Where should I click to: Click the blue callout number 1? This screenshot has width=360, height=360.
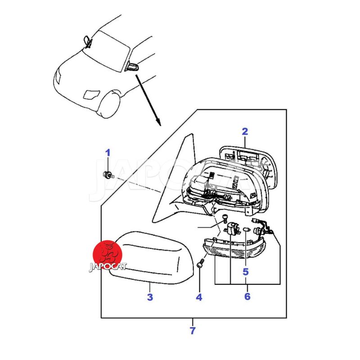coord(108,153)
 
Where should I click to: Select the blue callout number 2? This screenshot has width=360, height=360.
coord(245,131)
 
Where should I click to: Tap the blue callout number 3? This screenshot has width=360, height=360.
coord(150,297)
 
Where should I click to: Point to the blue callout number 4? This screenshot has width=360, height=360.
coord(199,297)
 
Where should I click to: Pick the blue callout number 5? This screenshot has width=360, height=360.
coord(246,272)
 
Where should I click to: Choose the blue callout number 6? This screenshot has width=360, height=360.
coord(247,296)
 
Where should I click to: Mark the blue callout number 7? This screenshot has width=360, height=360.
coord(193,331)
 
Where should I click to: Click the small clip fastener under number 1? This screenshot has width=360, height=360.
coord(108,175)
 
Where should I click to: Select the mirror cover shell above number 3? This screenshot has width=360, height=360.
coord(152,257)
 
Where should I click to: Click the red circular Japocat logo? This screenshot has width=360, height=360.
coord(107,255)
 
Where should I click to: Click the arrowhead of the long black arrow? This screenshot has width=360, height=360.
coord(158,122)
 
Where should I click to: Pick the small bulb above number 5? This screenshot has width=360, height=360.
coord(246,229)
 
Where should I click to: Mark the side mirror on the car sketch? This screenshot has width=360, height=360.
coord(132,67)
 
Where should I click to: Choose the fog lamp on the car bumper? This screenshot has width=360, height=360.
coord(91,94)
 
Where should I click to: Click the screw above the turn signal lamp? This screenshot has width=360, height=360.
coord(225,218)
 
